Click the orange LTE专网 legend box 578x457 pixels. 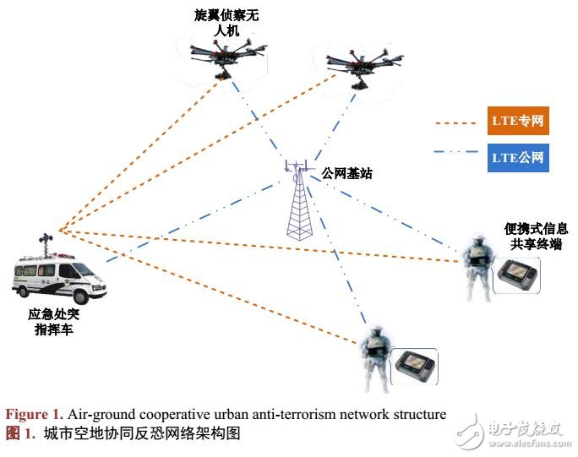tap(518, 122)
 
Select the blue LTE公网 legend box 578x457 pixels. tap(518, 157)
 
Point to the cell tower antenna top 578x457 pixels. tap(295, 166)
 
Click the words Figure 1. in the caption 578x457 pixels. tap(35, 414)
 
